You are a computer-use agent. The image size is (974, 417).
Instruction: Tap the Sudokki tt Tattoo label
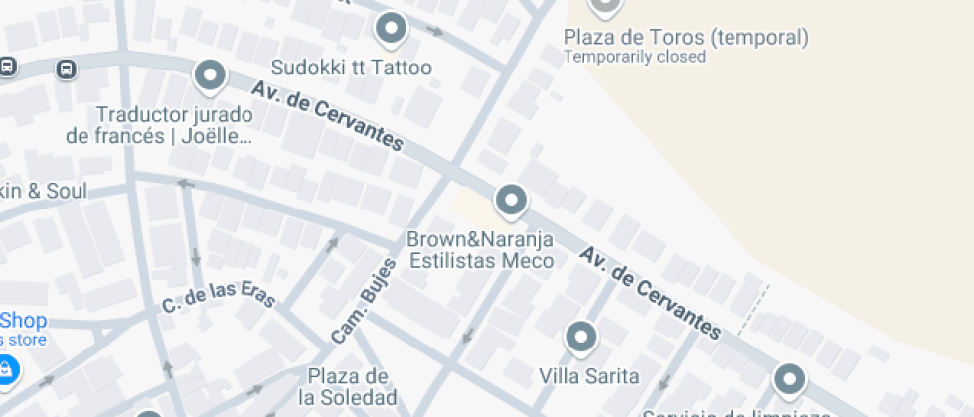click(353, 69)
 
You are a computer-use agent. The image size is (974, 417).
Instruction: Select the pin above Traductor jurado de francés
click(209, 74)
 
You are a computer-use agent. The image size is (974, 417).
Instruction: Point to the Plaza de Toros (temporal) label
click(686, 38)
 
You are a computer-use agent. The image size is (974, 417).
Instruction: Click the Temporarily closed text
click(634, 57)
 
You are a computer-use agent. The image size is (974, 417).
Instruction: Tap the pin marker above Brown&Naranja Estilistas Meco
click(511, 200)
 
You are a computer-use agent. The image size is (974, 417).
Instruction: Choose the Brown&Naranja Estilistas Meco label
click(481, 250)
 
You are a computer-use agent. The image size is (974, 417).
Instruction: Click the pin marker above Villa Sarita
click(580, 336)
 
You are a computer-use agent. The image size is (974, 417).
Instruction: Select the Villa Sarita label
click(588, 377)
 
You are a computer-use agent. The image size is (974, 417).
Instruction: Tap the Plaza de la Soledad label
click(347, 387)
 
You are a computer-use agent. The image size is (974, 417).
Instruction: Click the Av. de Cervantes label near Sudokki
click(328, 116)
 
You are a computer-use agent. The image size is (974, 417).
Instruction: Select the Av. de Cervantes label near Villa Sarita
click(650, 293)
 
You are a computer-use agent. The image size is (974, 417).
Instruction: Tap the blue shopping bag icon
click(6, 369)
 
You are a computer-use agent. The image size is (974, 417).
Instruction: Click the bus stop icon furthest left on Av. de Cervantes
click(6, 67)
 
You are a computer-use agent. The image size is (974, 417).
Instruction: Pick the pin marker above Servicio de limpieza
click(789, 378)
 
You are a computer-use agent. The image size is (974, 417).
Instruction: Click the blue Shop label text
click(24, 321)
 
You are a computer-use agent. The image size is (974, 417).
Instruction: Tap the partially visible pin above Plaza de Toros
click(605, 6)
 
